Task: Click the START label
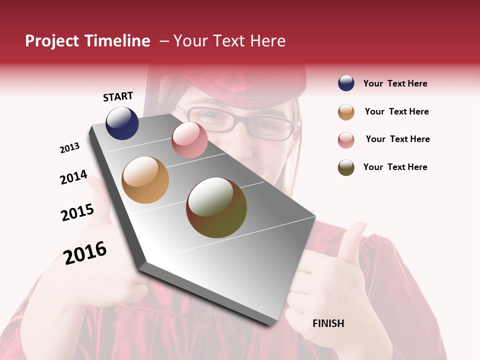click(118, 96)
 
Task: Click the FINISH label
click(328, 323)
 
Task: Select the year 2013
click(69, 147)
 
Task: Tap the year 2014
click(73, 177)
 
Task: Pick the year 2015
click(77, 212)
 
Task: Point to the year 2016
click(85, 252)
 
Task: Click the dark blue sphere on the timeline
click(122, 123)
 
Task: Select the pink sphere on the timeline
click(189, 140)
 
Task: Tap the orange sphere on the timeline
click(145, 180)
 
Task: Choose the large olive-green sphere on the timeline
click(216, 207)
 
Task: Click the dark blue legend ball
click(346, 83)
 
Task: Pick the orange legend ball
click(346, 112)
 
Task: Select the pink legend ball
click(346, 139)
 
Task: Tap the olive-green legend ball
click(346, 167)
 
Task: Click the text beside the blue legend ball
click(395, 83)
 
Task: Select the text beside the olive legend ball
click(395, 167)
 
